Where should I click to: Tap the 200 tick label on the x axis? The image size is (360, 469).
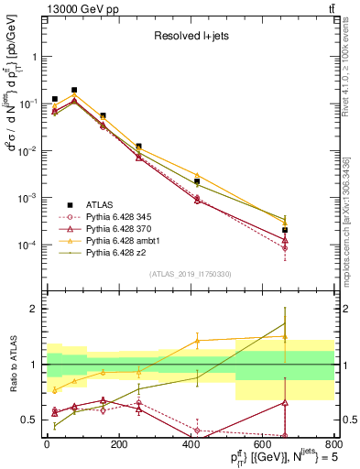pyautogui.click(x=118, y=445)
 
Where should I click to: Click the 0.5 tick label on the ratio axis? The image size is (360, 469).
pyautogui.click(x=27, y=421)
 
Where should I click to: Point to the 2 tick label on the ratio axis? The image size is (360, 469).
pyautogui.click(x=32, y=309)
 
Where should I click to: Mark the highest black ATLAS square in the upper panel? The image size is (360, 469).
pyautogui.click(x=74, y=90)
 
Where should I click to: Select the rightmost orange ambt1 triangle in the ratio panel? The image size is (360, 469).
pyautogui.click(x=286, y=337)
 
